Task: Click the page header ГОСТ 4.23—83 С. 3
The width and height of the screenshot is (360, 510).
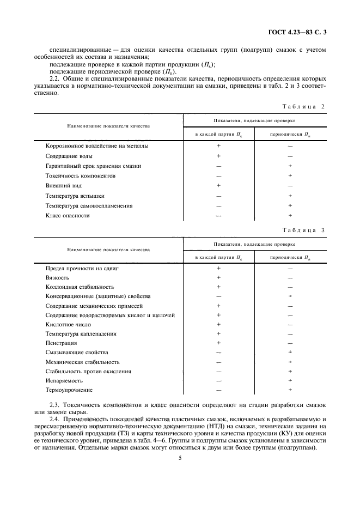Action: click(298, 33)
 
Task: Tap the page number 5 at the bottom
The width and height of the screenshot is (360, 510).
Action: click(180, 458)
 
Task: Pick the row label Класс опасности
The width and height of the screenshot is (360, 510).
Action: click(68, 216)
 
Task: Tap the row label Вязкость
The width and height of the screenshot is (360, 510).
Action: click(57, 277)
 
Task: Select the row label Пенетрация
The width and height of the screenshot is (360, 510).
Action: click(61, 343)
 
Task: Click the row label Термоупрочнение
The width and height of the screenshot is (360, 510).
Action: click(69, 390)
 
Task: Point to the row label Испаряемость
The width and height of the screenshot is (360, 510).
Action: click(64, 381)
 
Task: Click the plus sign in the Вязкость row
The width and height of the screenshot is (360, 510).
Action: click(218, 277)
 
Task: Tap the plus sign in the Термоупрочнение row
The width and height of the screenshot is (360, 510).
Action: click(290, 390)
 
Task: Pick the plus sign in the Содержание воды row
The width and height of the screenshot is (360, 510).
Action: click(218, 156)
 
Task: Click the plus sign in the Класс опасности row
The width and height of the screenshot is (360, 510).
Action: click(290, 216)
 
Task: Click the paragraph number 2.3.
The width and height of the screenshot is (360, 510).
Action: click(54, 406)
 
